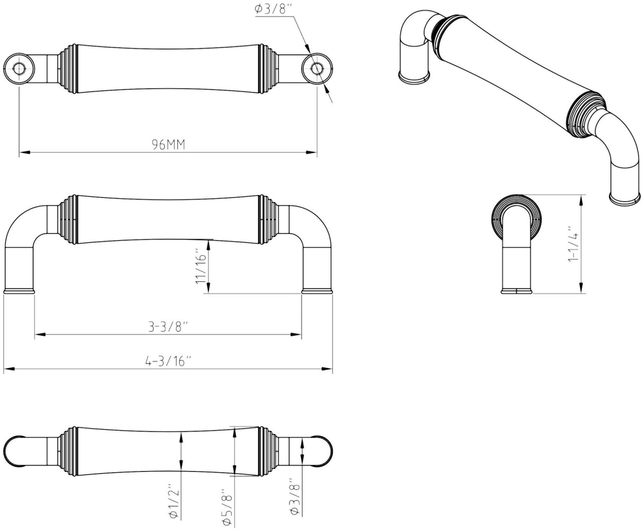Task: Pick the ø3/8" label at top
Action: tap(273, 8)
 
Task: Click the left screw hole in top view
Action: tap(20, 68)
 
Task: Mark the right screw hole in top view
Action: tap(317, 68)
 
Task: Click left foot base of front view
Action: tap(20, 291)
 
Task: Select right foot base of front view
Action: tap(317, 291)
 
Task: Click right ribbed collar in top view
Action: tap(268, 68)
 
